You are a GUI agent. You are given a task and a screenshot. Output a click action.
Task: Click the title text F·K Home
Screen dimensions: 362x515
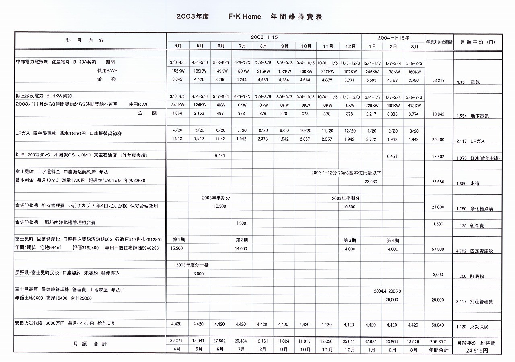(244, 17)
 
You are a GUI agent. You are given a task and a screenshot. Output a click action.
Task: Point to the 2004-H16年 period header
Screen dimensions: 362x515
(393, 37)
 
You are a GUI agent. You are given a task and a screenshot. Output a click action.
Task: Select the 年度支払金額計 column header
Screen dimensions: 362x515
(439, 42)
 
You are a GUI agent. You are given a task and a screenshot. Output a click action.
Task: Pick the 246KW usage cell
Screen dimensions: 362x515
(372, 72)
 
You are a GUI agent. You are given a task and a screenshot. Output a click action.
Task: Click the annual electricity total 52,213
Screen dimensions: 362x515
(438, 81)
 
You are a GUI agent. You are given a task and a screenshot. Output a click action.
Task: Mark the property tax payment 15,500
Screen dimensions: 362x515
(177, 249)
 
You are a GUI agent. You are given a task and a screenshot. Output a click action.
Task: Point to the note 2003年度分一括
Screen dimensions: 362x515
(192, 265)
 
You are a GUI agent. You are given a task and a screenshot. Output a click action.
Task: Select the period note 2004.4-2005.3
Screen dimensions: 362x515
(387, 291)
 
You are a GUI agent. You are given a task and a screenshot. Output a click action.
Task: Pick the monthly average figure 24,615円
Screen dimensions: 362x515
(477, 351)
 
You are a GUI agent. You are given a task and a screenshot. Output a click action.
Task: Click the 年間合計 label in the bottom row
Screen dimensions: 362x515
(438, 350)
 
